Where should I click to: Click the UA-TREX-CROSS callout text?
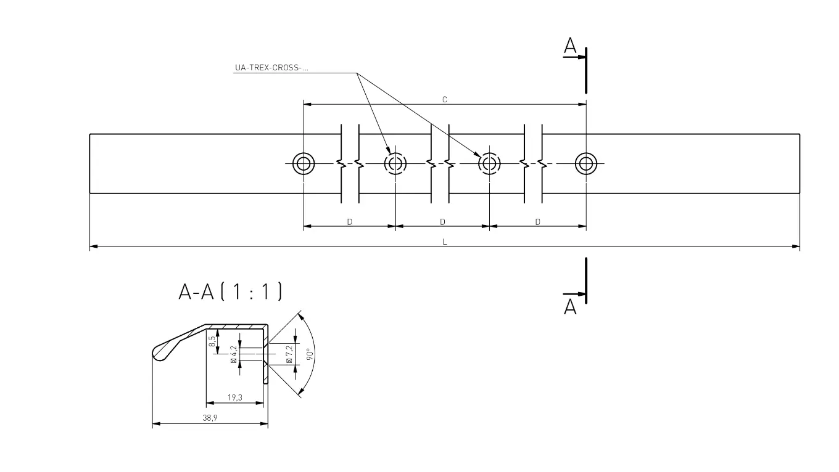(x=271, y=68)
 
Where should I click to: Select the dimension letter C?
(x=444, y=99)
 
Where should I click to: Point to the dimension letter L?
(x=444, y=242)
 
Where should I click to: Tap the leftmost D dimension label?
(x=349, y=221)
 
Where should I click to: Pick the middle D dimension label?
(x=442, y=221)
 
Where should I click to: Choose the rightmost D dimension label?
(x=537, y=221)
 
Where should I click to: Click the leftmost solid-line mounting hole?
(x=304, y=164)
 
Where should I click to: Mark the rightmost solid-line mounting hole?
(x=586, y=164)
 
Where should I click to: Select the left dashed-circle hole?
(x=395, y=164)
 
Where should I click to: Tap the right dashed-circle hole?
(x=490, y=164)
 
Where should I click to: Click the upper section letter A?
(x=570, y=46)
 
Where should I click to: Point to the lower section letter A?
(x=570, y=306)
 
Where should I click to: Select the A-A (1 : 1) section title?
(x=230, y=291)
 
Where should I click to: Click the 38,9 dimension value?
(x=210, y=418)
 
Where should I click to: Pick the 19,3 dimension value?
(x=234, y=397)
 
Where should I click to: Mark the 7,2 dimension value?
(x=289, y=354)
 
